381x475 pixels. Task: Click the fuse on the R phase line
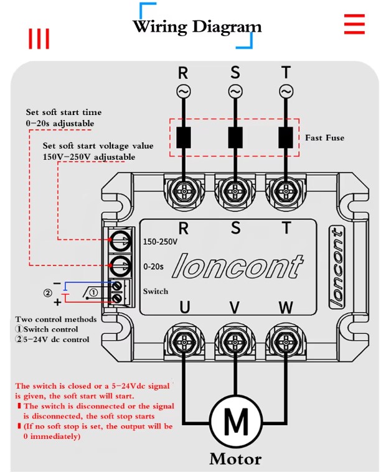[184, 137]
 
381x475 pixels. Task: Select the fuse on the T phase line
[286, 137]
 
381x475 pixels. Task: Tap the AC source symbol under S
[235, 91]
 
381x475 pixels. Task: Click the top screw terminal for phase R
[184, 191]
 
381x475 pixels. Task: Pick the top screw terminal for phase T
[286, 191]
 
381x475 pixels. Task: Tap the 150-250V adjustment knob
[121, 241]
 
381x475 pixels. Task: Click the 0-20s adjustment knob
[121, 265]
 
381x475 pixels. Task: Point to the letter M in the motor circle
[236, 422]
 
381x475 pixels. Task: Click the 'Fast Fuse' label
[324, 138]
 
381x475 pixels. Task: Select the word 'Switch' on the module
[156, 291]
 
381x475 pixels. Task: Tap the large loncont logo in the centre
[238, 265]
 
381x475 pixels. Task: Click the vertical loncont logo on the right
[337, 267]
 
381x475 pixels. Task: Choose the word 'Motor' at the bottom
[235, 459]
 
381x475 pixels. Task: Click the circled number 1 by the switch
[94, 292]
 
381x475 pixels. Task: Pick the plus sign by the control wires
[57, 302]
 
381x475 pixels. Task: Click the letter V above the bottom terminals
[235, 308]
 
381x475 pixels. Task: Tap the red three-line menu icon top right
[354, 24]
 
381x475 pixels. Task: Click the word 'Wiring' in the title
[160, 26]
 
